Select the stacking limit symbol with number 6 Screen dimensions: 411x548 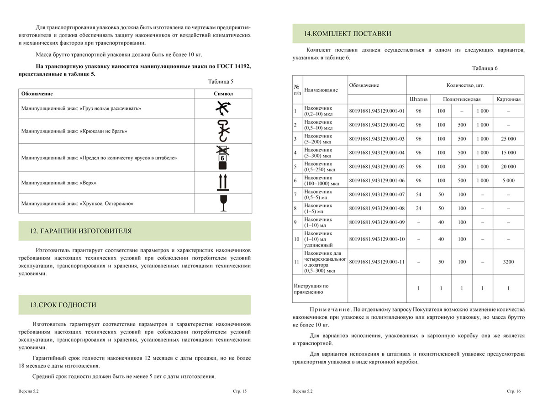click(x=223, y=157)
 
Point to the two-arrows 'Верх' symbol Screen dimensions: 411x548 click(x=223, y=183)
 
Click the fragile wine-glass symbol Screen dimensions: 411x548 click(x=223, y=203)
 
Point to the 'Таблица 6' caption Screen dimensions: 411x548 click(x=485, y=68)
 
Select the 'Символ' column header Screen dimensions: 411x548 click(x=223, y=94)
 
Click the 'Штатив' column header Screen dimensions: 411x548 click(x=419, y=99)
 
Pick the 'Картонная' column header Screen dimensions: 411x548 click(x=508, y=99)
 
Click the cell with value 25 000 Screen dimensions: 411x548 click(x=508, y=139)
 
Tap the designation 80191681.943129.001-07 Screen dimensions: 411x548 click(x=377, y=195)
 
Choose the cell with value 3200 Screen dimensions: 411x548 click(x=508, y=262)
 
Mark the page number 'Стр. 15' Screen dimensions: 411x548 click(x=240, y=391)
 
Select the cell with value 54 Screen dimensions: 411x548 click(x=419, y=195)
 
